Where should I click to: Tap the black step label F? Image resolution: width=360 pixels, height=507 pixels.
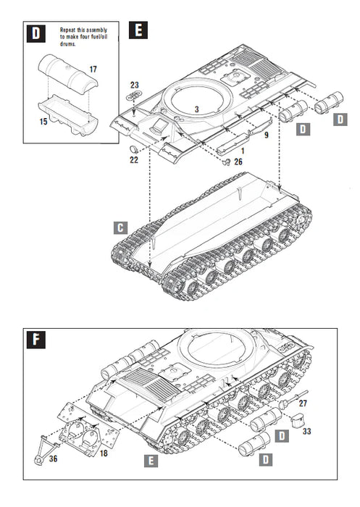(34, 340)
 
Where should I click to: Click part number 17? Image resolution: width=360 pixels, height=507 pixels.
(93, 69)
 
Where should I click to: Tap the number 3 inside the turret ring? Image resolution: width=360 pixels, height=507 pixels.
(196, 109)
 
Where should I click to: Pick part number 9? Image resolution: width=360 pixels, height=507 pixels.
(265, 135)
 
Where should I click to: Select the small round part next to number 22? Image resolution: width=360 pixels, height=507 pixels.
(133, 148)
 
